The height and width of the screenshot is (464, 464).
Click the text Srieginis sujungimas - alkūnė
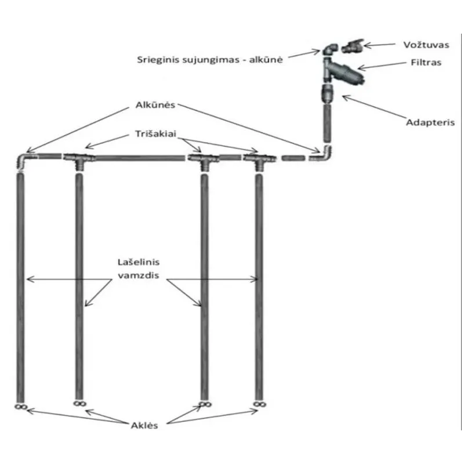(211, 59)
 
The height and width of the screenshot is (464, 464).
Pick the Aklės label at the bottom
(144, 425)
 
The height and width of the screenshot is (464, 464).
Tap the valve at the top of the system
(352, 46)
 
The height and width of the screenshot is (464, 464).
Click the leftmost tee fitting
(78, 158)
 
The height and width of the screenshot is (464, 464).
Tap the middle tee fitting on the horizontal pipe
(202, 158)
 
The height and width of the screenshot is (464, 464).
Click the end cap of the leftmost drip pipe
(20, 407)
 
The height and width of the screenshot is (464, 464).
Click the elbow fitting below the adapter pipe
(325, 154)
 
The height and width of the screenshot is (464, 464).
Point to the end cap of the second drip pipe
(79, 403)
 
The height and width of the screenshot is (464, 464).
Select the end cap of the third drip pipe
(204, 403)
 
